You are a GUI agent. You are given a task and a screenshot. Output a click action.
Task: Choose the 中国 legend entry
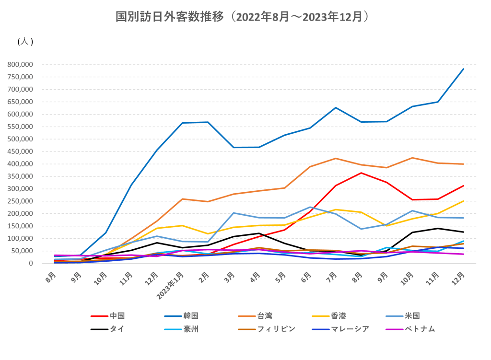tap(117, 316)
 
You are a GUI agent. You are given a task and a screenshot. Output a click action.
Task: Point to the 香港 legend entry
tap(339, 316)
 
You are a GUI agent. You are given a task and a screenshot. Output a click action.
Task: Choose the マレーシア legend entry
tap(350, 329)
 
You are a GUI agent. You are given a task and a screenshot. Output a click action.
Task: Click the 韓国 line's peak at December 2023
tap(464, 69)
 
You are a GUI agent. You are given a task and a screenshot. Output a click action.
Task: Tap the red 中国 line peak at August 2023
tap(361, 173)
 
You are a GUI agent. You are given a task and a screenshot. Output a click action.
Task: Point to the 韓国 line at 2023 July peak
tap(336, 107)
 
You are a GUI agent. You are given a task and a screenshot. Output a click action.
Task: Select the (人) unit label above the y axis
tap(25, 42)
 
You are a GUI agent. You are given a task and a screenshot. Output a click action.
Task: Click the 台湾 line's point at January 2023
tap(183, 199)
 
